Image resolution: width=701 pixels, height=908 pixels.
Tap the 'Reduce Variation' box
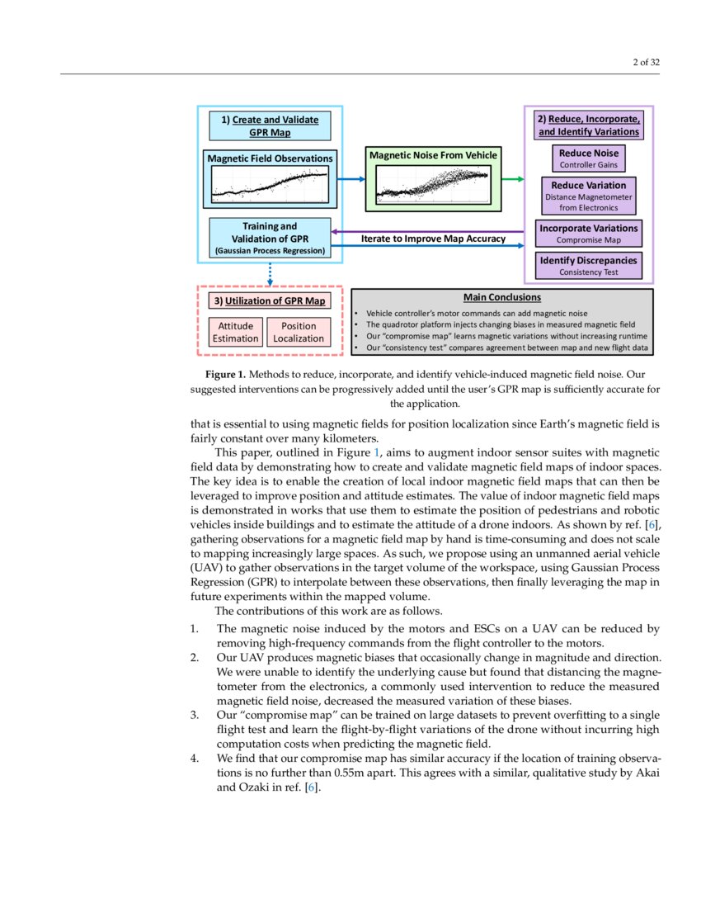coord(588,196)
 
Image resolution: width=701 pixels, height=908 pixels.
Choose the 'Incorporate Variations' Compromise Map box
coord(588,234)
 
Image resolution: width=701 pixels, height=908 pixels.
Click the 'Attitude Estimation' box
coord(235,332)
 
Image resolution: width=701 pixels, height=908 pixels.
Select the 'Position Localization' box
coord(299,332)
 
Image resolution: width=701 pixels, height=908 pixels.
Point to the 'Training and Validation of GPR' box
coord(269,238)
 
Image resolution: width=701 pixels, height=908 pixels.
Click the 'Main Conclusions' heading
coord(501,297)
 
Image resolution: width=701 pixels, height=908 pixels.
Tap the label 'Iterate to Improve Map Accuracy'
coord(433,239)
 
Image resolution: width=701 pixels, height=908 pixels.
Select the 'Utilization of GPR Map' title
coord(269,300)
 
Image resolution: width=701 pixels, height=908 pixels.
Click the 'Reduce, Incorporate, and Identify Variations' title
coord(588,125)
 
